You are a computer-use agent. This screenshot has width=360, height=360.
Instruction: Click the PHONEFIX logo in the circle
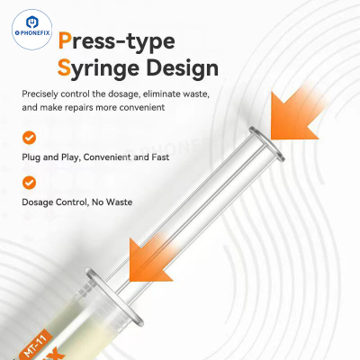click(x=32, y=29)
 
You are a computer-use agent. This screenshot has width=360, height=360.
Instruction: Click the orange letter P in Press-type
click(x=65, y=40)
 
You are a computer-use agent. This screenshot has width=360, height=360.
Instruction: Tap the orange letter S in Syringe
click(x=64, y=67)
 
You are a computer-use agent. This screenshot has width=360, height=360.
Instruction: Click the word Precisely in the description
click(x=40, y=94)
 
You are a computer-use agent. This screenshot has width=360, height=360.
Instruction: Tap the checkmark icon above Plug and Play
click(x=29, y=138)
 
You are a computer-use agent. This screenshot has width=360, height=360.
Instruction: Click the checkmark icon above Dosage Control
click(x=29, y=183)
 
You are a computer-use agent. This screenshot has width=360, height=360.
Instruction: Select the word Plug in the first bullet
click(x=31, y=157)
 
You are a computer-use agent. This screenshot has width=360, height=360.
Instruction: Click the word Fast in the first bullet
click(x=160, y=157)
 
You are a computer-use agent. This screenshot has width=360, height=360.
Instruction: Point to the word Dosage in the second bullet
click(x=37, y=202)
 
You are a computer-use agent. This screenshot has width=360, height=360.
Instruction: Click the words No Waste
click(x=112, y=202)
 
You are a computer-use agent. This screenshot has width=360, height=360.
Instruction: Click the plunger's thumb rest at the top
click(x=266, y=144)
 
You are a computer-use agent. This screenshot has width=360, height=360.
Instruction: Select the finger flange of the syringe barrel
click(x=114, y=297)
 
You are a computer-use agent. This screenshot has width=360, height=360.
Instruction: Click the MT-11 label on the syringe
click(x=35, y=345)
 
